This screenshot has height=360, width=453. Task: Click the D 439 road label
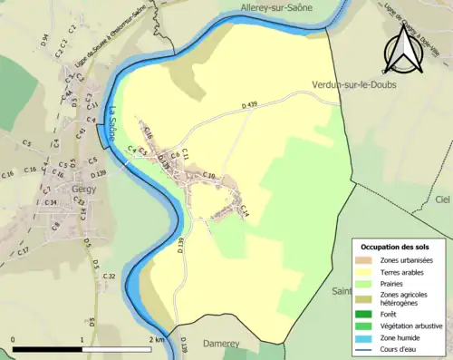coord(250,106)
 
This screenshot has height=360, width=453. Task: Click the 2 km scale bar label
coord(158,340)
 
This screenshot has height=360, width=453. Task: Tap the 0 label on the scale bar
coord(14,340)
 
